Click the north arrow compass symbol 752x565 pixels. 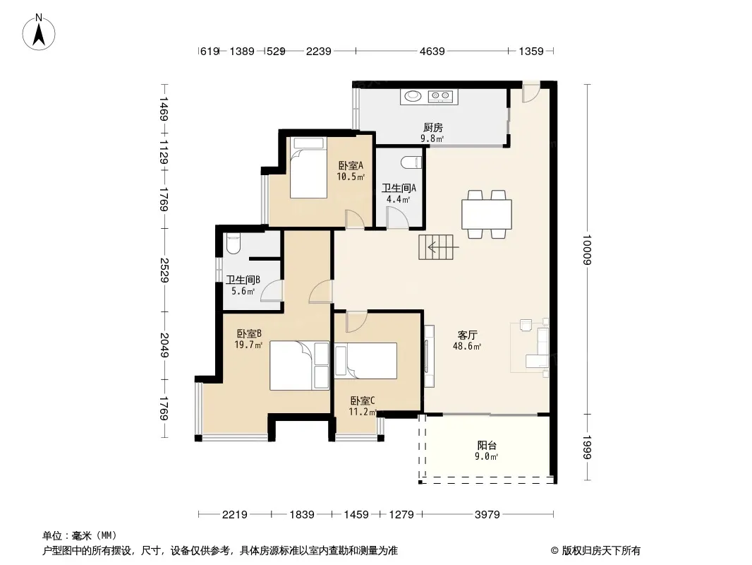39,32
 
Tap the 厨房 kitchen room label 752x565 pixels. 432,128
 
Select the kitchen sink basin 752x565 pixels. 413,97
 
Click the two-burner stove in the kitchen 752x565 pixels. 440,97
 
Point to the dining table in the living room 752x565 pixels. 486,214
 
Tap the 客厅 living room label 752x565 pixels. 467,335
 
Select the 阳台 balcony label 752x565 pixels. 486,446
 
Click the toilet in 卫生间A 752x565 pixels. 411,162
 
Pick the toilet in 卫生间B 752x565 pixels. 233,244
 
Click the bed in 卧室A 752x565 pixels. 308,167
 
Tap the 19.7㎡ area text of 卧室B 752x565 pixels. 248,345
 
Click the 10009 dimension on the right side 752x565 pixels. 587,249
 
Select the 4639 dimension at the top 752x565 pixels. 432,51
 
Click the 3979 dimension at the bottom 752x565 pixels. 487,515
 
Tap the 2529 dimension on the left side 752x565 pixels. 164,270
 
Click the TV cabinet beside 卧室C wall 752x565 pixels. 429,356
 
